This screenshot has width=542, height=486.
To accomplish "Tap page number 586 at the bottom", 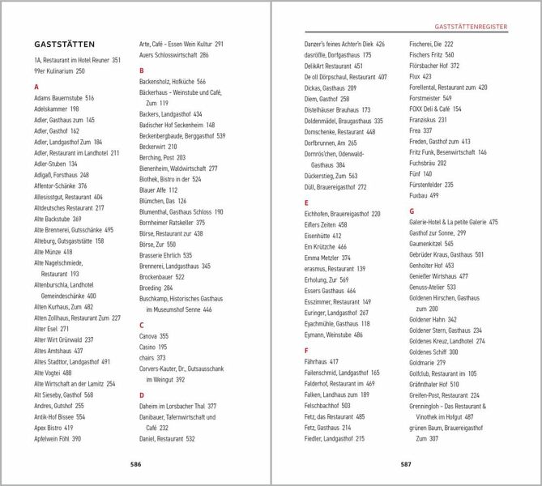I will click(135, 464).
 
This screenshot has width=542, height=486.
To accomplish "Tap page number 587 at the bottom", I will click(406, 464).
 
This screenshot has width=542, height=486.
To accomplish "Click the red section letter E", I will click(306, 202).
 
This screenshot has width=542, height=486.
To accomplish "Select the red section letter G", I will click(412, 211).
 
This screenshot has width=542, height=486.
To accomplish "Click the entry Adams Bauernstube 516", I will click(64, 97).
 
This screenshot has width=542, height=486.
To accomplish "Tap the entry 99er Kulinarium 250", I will click(59, 71).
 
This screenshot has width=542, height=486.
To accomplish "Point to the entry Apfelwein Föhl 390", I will click(58, 438).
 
